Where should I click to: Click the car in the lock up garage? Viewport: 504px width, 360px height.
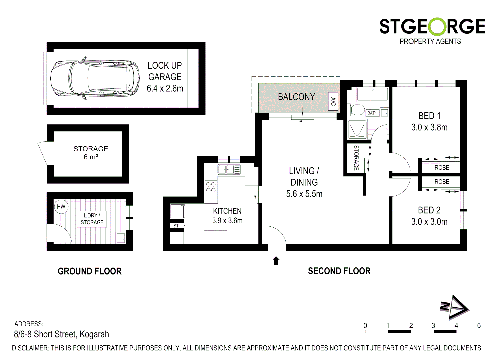pos(95,80)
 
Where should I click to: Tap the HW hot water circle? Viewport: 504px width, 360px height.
pos(61,207)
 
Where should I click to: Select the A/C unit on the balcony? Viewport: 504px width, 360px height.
pos(333,101)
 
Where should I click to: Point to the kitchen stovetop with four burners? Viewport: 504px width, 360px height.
pos(211,187)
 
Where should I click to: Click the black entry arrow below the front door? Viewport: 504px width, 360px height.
pos(276,260)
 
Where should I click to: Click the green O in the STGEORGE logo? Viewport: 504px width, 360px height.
pos(432,27)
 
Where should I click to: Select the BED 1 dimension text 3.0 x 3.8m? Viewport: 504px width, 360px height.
pos(429,127)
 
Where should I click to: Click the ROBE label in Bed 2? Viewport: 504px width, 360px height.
pos(442,182)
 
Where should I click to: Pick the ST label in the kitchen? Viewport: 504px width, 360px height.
pos(176,226)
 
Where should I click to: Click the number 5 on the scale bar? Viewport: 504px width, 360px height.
pos(479,326)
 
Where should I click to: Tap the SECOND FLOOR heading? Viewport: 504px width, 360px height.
pos(339,271)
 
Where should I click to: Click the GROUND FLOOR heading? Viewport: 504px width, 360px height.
pos(90,271)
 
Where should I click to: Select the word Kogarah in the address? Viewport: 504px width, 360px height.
pos(94,334)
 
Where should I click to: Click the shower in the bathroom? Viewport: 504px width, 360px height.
pos(357,129)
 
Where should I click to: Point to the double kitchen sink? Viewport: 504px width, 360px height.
pos(226,169)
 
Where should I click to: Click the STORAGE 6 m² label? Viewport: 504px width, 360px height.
pos(91,153)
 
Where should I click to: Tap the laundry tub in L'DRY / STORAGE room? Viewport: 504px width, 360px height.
pos(121,238)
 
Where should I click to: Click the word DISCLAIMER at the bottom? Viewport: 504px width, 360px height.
pos(30,348)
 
